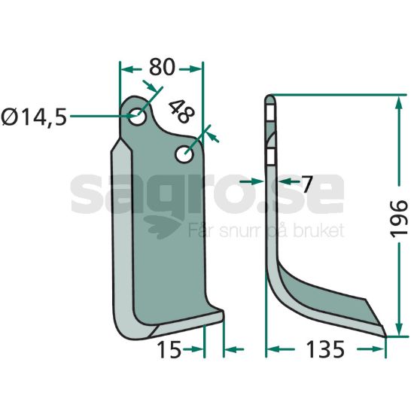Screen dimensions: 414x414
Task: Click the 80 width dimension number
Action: pos(162,67)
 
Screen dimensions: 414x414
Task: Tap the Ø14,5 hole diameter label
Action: pos(34,117)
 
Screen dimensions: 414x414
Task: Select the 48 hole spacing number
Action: pos(181,111)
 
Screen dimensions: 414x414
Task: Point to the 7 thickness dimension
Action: pos(307,184)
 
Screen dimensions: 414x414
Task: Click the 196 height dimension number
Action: pos(399,219)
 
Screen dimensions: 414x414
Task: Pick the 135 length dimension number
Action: pos(325,349)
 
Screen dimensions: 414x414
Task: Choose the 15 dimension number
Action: pos(169,349)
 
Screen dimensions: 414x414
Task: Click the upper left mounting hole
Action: pos(137,117)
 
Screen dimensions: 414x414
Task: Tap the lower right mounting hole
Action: pos(184,154)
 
